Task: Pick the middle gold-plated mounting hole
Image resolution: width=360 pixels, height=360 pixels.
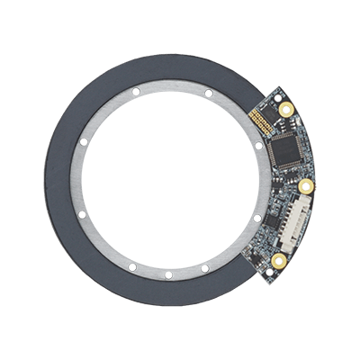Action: (306, 188)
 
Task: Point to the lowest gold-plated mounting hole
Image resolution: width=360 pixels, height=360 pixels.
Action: (280, 262)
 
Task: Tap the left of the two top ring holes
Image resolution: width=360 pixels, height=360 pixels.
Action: (133, 93)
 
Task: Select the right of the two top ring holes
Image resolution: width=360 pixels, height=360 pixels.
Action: (208, 92)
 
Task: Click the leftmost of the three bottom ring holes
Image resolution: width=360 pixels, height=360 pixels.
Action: (131, 268)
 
